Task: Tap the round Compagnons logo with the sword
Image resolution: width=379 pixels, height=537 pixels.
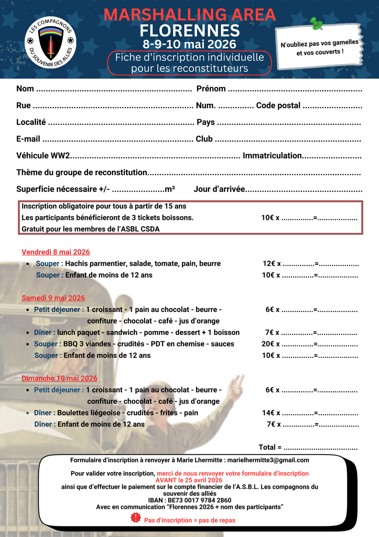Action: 51,43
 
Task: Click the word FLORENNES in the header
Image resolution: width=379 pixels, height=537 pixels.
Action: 190,31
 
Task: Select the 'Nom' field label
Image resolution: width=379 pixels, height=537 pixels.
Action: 25,89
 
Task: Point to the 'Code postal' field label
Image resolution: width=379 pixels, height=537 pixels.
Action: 278,105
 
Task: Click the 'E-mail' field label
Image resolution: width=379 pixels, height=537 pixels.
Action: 28,139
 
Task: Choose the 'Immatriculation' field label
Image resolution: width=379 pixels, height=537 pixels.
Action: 272,156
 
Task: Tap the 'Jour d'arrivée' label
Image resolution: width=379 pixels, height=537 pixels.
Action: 219,189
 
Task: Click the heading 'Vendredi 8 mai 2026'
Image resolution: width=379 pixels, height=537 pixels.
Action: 56,252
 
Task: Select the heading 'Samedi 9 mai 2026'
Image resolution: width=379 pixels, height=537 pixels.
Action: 53,298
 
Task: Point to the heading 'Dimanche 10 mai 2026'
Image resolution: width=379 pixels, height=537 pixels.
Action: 59,378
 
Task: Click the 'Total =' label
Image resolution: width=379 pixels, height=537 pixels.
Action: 270,447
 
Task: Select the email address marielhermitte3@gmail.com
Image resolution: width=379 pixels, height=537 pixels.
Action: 268,460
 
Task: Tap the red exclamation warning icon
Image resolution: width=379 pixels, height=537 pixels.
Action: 136,518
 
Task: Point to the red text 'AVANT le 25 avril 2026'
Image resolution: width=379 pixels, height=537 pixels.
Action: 189,480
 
